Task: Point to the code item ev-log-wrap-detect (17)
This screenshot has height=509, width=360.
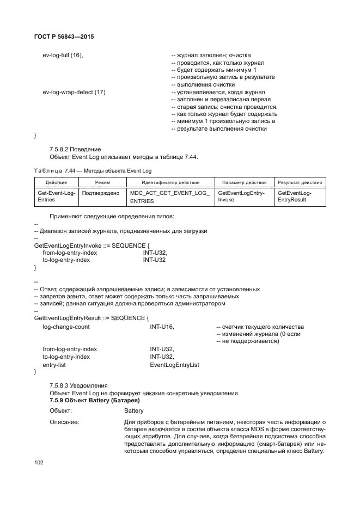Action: pos(74,92)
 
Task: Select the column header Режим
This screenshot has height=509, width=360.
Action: pos(102,182)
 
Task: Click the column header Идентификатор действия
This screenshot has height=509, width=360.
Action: pos(170,182)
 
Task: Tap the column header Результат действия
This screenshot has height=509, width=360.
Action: pos(300,182)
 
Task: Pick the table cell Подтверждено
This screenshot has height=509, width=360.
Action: pos(101,193)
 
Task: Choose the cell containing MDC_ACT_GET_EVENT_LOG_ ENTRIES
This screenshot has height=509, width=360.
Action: pos(170,197)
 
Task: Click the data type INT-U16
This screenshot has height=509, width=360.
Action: pos(162,326)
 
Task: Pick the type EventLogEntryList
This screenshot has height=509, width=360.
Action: pos(174,365)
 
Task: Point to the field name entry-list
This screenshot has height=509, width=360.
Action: pos(54,365)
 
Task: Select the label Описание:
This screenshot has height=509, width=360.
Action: pos(64,421)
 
